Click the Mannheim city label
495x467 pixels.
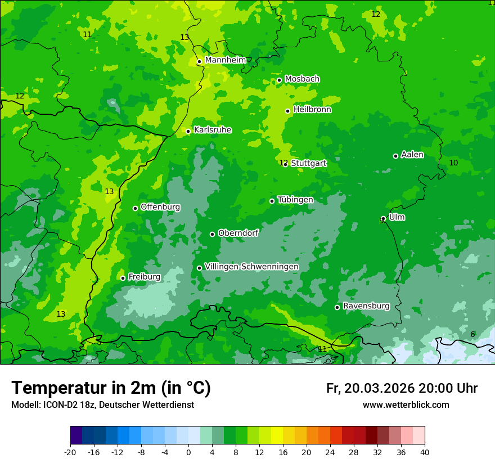click(x=226, y=60)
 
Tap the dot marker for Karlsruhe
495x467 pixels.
click(x=188, y=132)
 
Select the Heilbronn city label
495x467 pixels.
click(x=312, y=109)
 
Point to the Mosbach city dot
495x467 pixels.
click(x=279, y=80)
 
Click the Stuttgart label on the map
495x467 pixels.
click(x=309, y=163)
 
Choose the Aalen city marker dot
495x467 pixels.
click(x=395, y=156)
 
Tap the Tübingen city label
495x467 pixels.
click(x=295, y=200)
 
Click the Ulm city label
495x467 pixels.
click(x=397, y=217)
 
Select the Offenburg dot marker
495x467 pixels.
click(x=135, y=208)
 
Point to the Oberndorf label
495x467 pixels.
click(x=238, y=233)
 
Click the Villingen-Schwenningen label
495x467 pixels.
click(x=251, y=267)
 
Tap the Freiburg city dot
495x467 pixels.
click(x=123, y=278)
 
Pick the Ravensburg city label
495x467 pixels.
click(x=366, y=306)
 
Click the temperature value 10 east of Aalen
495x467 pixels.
click(x=453, y=163)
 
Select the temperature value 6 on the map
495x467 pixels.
click(x=472, y=334)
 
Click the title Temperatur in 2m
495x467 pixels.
click(x=111, y=388)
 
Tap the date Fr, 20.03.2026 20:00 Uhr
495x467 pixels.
click(x=402, y=388)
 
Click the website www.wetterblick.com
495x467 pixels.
click(x=406, y=405)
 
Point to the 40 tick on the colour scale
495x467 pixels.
click(x=425, y=452)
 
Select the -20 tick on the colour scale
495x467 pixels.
click(x=70, y=452)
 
